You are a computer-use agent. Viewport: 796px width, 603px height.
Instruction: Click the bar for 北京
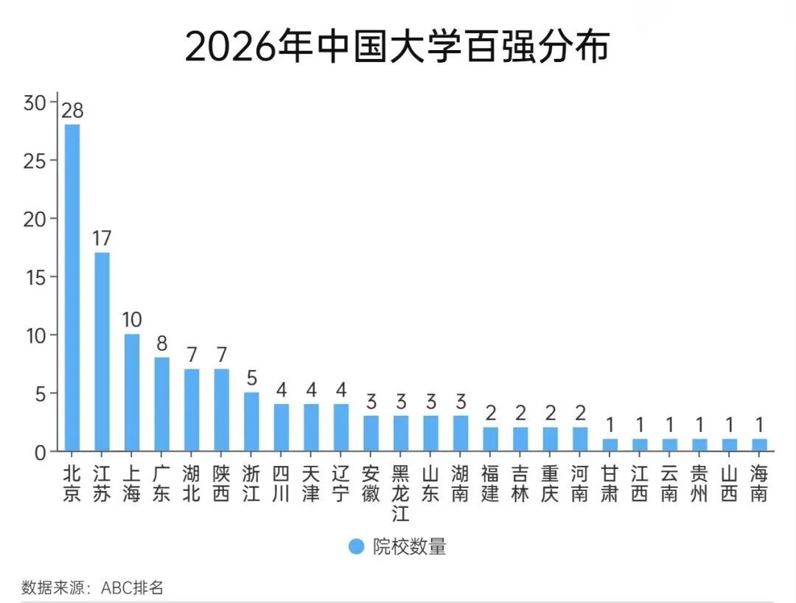pos(72,287)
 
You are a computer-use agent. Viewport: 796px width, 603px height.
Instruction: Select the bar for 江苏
pos(102,352)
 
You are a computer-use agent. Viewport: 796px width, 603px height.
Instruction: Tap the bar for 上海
pos(132,392)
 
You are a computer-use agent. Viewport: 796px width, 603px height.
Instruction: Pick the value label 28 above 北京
pos(72,111)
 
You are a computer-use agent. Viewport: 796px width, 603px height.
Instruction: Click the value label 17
pos(102,239)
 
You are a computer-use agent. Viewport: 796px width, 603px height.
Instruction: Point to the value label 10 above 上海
pos(132,321)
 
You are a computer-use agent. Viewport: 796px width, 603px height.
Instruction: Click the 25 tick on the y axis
pos(34,161)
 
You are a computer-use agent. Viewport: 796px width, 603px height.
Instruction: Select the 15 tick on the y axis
pos(34,277)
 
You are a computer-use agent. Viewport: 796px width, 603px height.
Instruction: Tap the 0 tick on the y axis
pos(40,452)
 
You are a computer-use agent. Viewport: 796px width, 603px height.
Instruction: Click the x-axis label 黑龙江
pos(400,492)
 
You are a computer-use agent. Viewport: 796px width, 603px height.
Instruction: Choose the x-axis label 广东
pos(161,484)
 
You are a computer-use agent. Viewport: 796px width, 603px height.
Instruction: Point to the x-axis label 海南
pos(758,484)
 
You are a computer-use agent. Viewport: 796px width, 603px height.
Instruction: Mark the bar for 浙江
pos(251,422)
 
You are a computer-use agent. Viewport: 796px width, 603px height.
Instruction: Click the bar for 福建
pos(490,439)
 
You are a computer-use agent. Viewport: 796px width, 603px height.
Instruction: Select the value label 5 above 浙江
pos(251,379)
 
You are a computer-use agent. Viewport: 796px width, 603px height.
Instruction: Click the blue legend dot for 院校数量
pos(357,546)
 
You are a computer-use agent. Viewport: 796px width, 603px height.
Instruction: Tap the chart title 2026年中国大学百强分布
pos(397,47)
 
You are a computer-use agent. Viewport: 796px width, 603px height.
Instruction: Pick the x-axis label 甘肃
pos(610,484)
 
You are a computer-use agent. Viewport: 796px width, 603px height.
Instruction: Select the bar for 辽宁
pos(341,428)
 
